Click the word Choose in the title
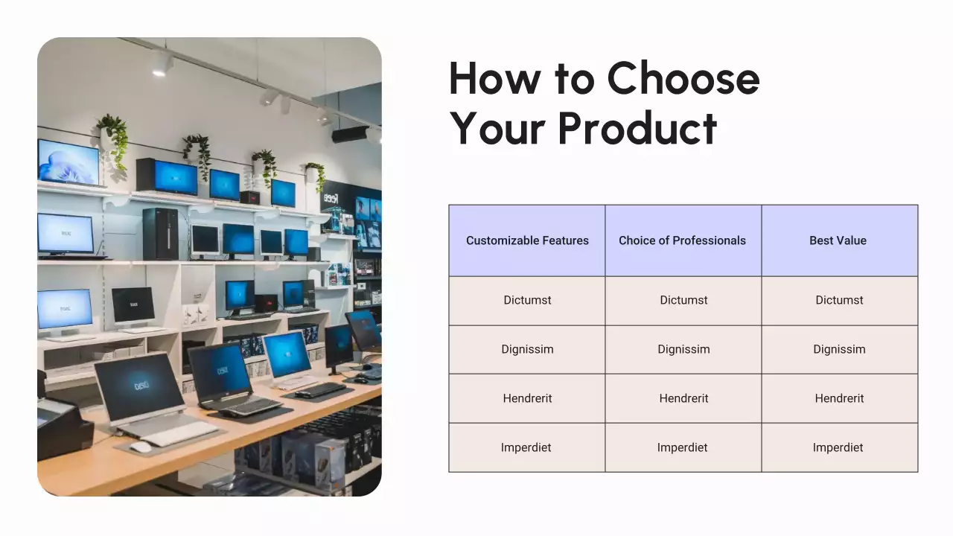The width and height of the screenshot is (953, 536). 683,78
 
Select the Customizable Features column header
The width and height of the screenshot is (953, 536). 527,240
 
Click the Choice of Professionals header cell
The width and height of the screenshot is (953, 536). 682,240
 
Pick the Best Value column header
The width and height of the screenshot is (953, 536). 838,240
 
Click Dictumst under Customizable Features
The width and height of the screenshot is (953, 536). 527,300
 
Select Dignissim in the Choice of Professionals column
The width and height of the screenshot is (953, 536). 683,349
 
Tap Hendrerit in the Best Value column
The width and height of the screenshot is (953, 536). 838,398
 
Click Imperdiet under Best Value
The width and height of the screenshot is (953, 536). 838,447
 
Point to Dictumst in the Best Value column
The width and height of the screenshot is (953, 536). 839,300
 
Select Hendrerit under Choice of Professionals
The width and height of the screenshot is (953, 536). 683,398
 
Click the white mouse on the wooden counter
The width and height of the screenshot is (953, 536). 140,447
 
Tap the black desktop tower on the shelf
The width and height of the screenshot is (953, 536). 160,233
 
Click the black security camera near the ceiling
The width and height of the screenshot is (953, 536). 351,135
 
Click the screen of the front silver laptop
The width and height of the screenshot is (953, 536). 139,387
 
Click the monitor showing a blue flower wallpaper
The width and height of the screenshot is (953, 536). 68,162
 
